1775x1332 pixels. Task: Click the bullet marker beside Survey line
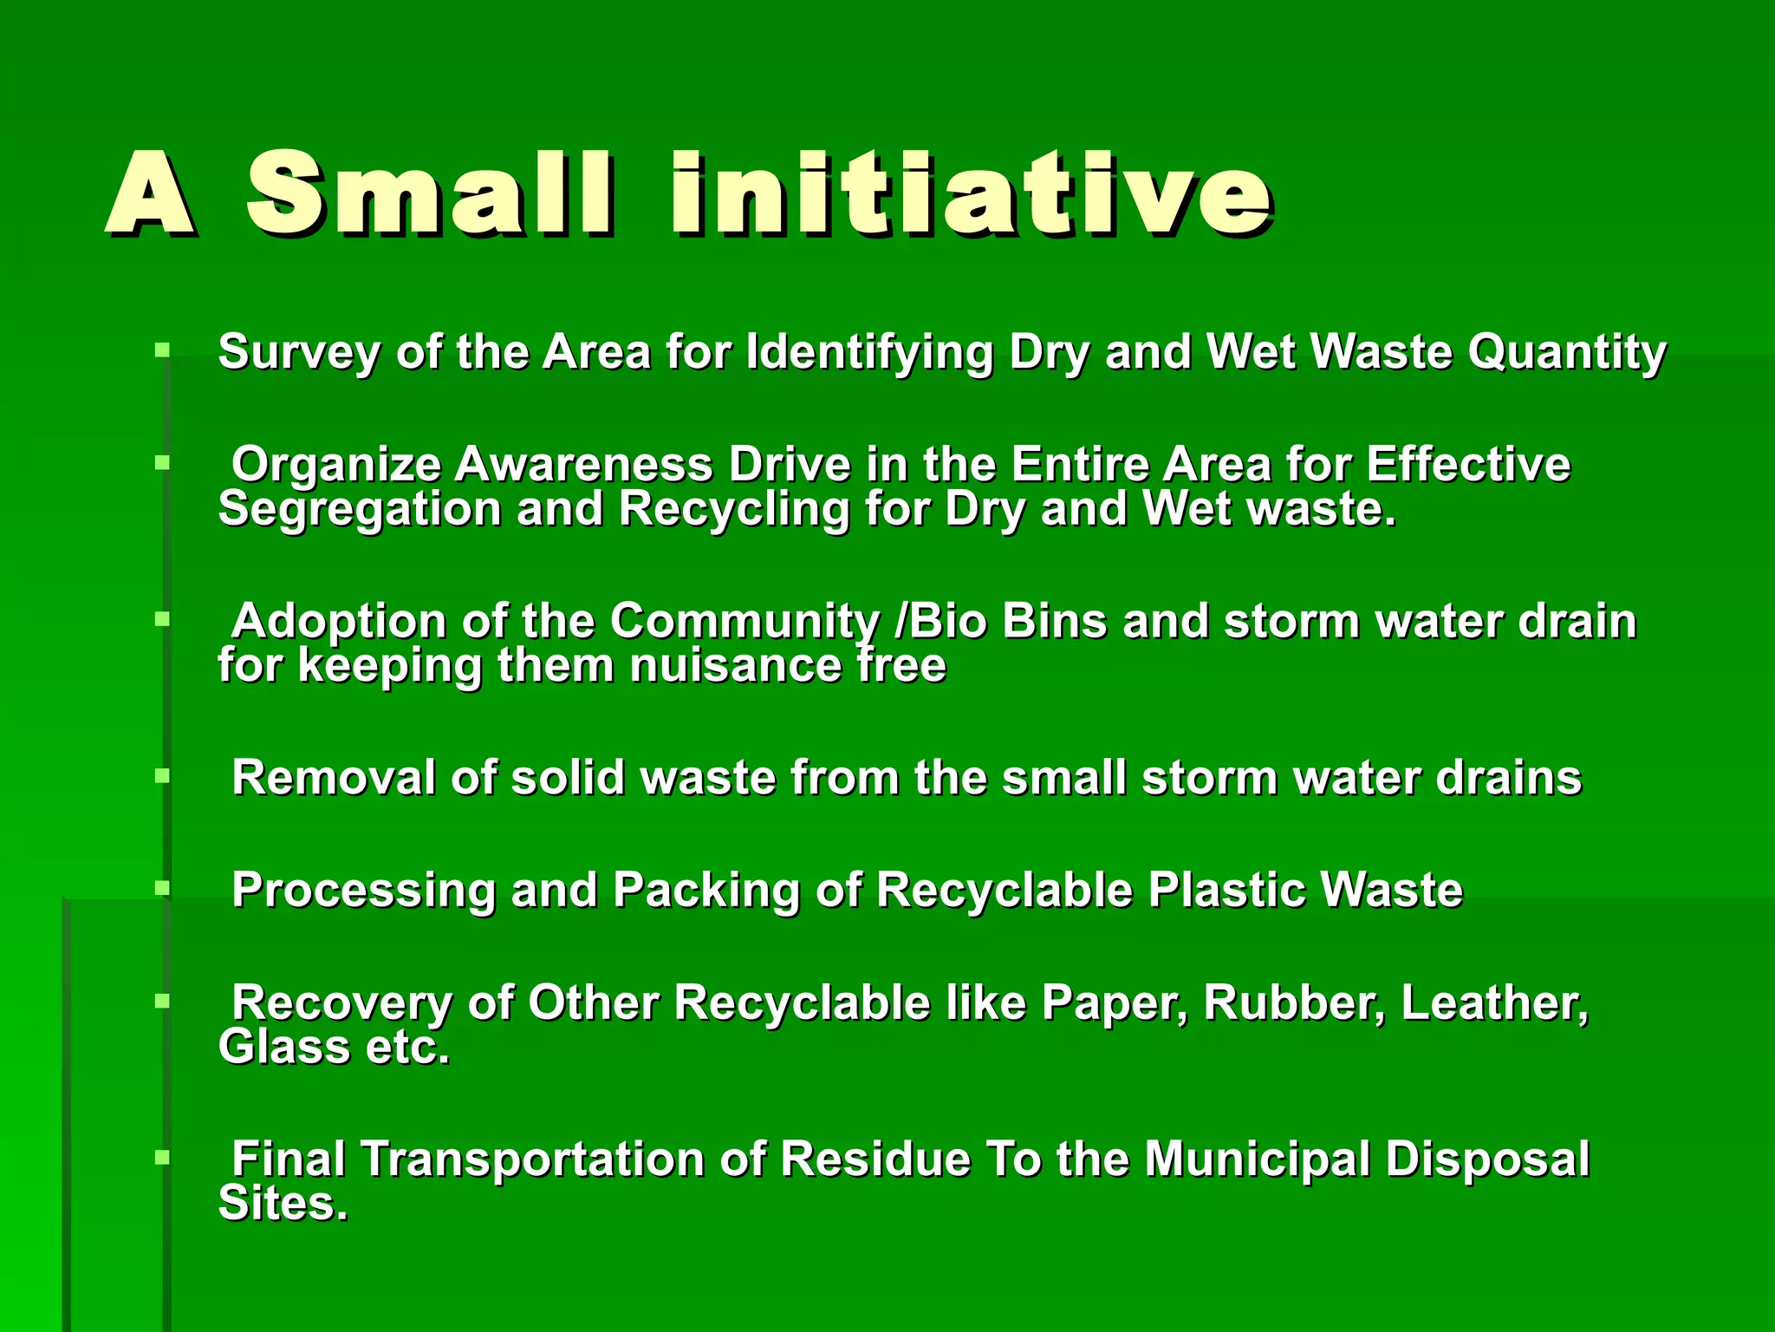[162, 351]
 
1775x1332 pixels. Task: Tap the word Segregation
[360, 509]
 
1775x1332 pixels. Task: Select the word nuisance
[734, 666]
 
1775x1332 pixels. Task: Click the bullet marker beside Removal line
[162, 776]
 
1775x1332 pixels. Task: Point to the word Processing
[363, 891]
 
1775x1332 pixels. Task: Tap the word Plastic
[1226, 891]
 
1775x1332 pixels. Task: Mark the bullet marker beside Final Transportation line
[162, 1158]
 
